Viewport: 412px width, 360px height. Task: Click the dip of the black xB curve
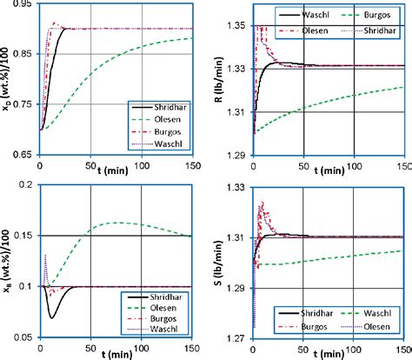tap(51, 317)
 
